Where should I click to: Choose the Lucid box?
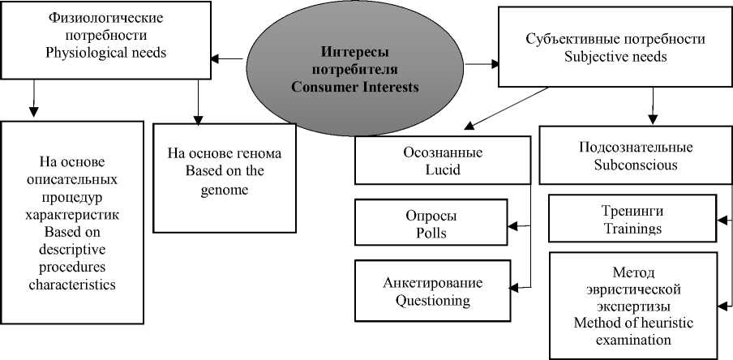pyautogui.click(x=443, y=161)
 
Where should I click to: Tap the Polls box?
pyautogui.click(x=431, y=225)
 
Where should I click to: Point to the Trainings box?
pyautogui.click(x=632, y=220)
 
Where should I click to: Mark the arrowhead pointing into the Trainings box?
pyautogui.click(x=718, y=219)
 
